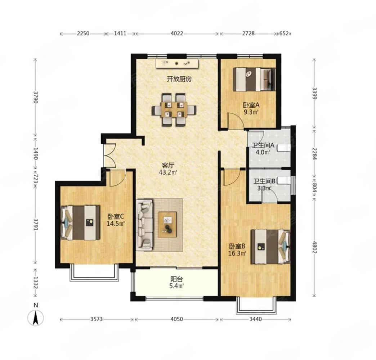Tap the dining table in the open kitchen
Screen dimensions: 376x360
click(x=174, y=109)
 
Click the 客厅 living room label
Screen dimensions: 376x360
click(x=168, y=165)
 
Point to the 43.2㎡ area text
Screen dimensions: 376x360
click(x=168, y=172)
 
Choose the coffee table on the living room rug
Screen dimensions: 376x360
click(x=167, y=225)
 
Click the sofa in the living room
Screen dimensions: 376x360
click(x=144, y=225)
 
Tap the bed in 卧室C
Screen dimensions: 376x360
click(x=80, y=222)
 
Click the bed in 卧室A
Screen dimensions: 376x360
click(x=254, y=80)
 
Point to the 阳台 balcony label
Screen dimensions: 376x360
click(x=177, y=279)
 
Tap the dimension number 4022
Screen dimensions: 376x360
click(x=177, y=33)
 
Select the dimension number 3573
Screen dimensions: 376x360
click(x=97, y=319)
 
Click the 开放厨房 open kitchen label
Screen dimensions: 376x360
click(x=179, y=79)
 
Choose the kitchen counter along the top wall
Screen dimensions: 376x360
click(x=177, y=64)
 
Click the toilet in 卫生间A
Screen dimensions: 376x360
click(x=284, y=148)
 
